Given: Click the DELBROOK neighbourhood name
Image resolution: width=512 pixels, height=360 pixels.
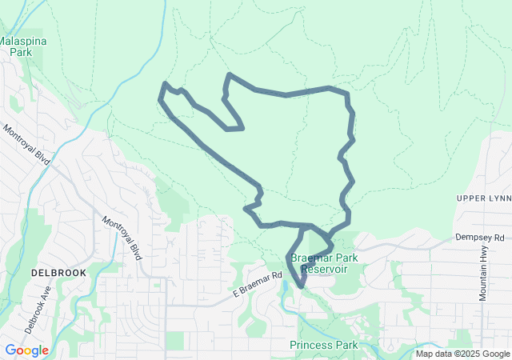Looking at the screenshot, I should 58,273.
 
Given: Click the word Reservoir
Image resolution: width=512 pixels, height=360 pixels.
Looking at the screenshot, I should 323,269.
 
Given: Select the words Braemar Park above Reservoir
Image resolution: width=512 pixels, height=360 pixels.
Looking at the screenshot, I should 324,258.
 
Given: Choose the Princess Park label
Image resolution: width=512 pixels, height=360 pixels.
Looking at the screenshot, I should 324,345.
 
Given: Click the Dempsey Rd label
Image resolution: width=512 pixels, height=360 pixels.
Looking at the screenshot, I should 480,238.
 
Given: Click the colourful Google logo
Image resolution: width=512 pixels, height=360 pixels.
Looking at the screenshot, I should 26,350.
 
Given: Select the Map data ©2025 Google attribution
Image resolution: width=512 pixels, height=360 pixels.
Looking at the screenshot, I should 462,354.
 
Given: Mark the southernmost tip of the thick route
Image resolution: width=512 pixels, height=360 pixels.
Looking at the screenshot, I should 301,286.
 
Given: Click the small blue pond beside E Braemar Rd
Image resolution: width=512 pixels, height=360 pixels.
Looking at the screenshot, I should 284,287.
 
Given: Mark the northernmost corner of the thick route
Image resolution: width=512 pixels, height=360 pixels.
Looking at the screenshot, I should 230,74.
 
